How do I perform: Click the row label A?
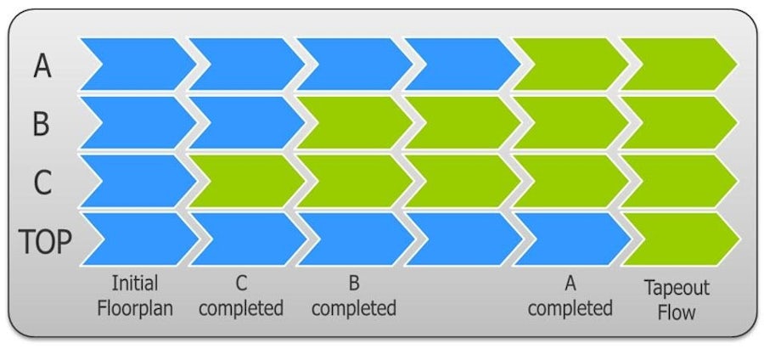point(42,66)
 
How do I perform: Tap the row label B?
point(41,124)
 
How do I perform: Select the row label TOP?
point(45,241)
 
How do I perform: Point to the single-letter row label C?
point(42,182)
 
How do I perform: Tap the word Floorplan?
point(135,307)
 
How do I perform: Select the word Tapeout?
point(677,288)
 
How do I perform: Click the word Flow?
point(677,312)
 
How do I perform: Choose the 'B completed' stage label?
point(353,295)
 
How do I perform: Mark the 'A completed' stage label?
point(570,295)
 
